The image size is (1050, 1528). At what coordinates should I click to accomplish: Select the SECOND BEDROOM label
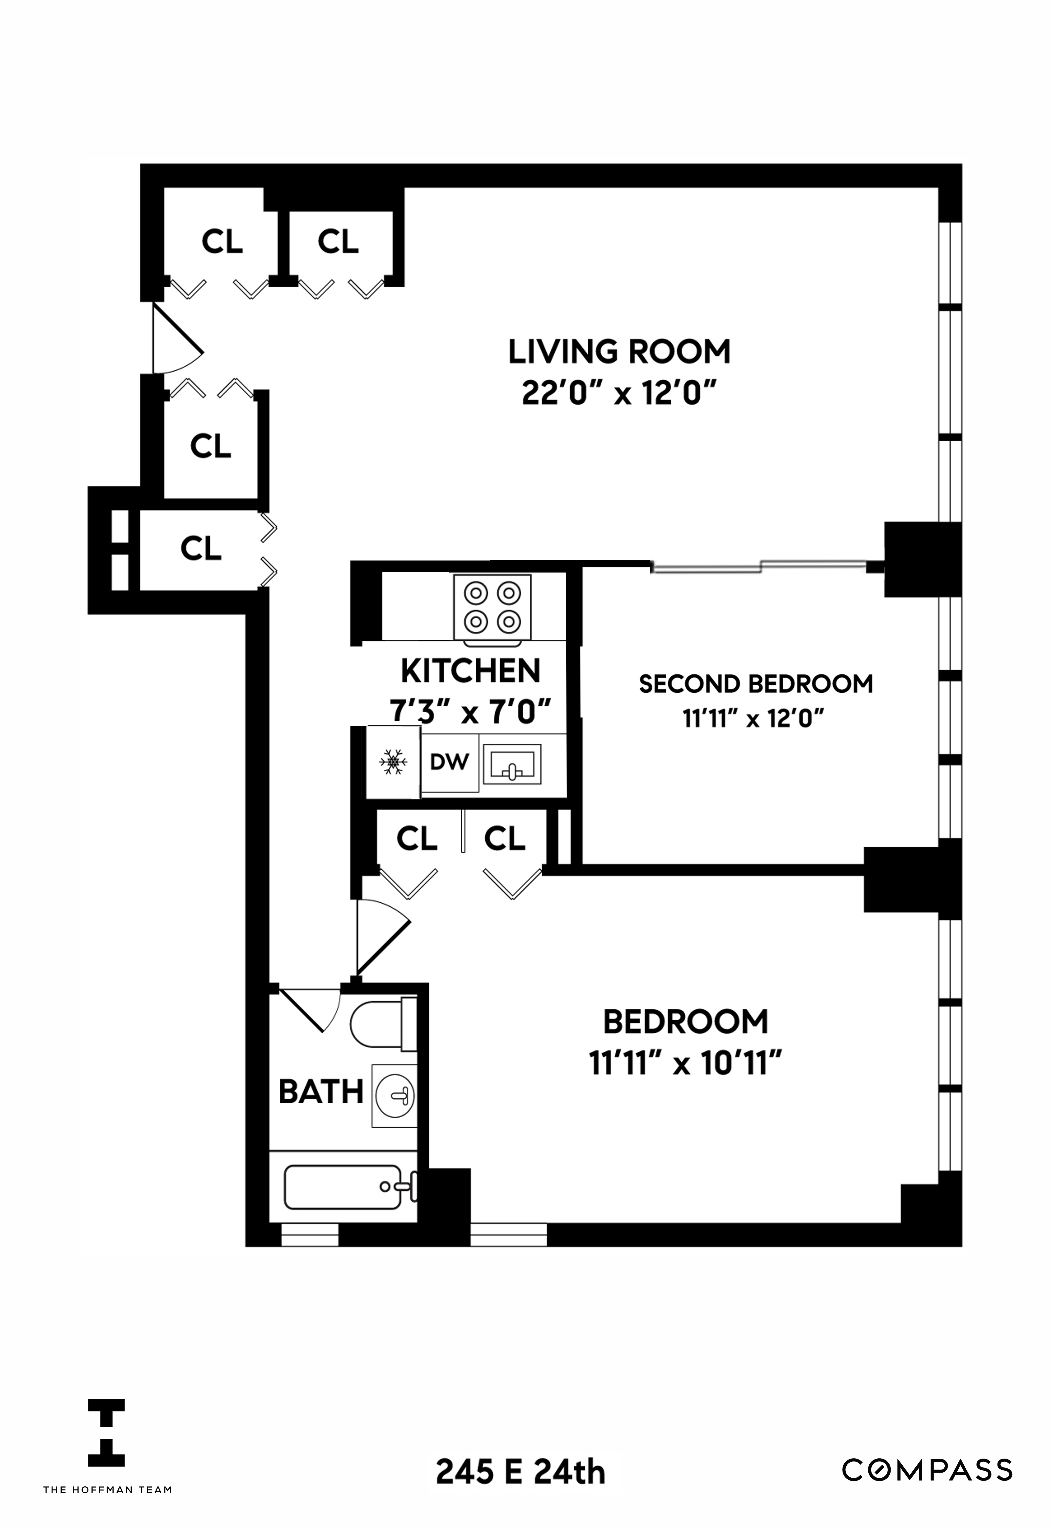pos(756,684)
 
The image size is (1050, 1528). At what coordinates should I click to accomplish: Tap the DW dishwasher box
pos(449,762)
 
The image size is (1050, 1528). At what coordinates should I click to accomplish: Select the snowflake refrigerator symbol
pos(393,762)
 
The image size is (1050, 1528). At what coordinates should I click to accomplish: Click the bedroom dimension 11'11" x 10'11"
pos(685,1064)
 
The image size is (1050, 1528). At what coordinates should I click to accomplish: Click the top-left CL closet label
pos(222,242)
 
